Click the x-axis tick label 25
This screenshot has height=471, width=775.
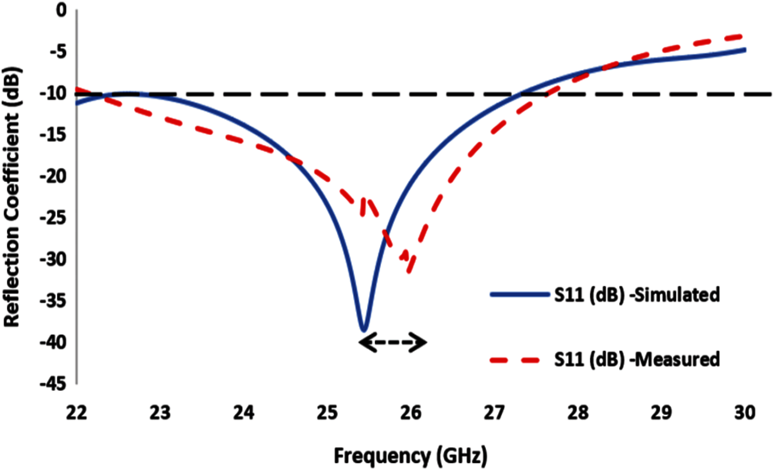point(328,413)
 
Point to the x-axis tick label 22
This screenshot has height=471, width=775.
point(77,413)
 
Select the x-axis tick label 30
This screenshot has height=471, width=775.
point(745,413)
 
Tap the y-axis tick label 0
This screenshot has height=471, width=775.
point(61,10)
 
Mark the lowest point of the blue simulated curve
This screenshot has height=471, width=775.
point(364,330)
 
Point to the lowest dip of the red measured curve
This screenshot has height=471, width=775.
point(409,273)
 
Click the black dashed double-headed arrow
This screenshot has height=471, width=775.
point(393,342)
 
